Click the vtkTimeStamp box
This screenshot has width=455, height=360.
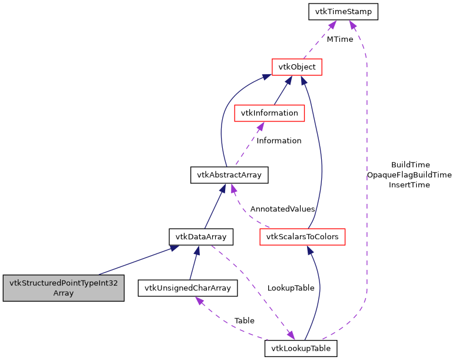pos(343,11)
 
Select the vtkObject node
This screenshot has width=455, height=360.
pos(297,67)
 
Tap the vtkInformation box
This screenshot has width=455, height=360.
pos(269,113)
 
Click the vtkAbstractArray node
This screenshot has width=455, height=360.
pos(229,174)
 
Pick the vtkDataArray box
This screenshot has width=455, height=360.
pos(201,237)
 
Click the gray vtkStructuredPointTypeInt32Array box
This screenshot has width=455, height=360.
pos(64,288)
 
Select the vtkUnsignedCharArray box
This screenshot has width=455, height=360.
pos(187,288)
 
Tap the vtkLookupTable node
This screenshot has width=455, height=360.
pos(301,348)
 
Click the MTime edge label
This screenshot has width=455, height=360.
pos(339,39)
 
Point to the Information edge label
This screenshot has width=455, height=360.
pos(279,141)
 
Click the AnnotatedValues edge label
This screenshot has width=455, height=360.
pos(282,209)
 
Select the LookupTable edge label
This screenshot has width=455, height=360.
pos(291,288)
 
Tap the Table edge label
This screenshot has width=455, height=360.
pos(244,321)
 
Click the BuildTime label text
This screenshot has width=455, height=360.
pos(410,164)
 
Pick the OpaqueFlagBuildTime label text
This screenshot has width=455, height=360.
pos(409,174)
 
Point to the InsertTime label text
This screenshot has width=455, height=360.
pos(409,184)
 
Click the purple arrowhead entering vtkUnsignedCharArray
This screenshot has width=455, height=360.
pos(199,300)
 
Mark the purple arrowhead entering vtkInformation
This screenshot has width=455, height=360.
pos(261,126)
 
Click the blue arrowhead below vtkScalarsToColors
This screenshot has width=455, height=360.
pos(308,250)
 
